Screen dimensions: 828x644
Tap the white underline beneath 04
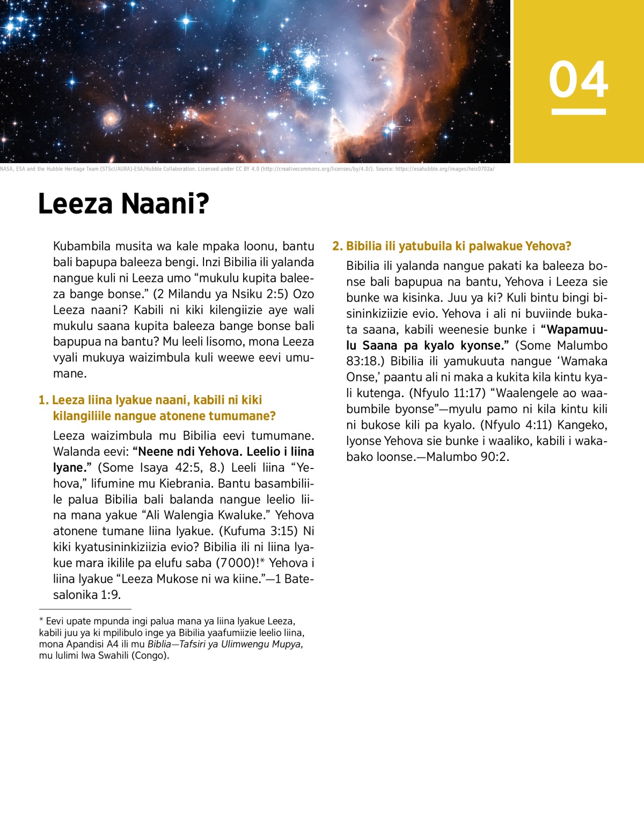click(x=579, y=112)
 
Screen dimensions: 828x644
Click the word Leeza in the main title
click(x=76, y=204)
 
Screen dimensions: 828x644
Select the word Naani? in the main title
click(x=165, y=204)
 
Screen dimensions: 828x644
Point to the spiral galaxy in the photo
click(x=111, y=118)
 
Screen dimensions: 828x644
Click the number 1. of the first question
click(x=43, y=400)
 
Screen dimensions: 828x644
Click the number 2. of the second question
click(x=337, y=246)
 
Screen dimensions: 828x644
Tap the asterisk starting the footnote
click(x=41, y=620)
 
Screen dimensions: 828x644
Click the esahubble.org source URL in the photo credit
click(x=444, y=169)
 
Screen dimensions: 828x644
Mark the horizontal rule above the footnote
click(x=85, y=609)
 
